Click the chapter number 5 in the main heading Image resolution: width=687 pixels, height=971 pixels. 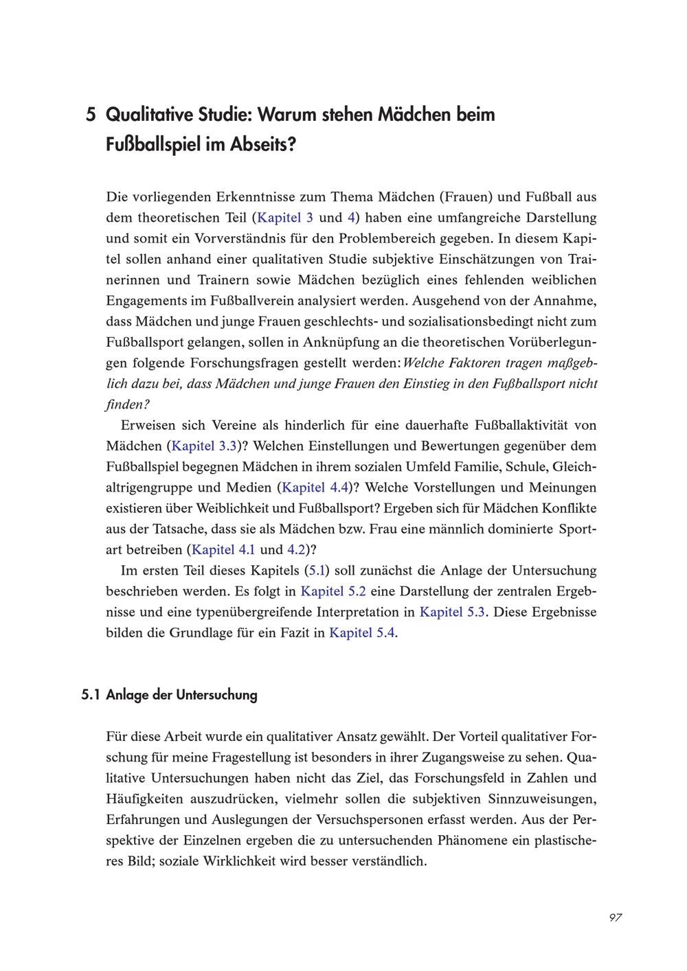coord(90,115)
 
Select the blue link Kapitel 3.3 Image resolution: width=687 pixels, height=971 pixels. coord(204,446)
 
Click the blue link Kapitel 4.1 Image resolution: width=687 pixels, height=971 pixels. coord(223,549)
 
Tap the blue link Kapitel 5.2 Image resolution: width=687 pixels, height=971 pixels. coord(333,591)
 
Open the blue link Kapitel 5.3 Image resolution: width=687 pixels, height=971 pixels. coord(452,612)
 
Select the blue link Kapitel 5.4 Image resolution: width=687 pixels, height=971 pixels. coord(362,633)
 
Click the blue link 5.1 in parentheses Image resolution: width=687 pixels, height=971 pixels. coord(317,571)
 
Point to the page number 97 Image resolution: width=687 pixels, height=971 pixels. coord(615,918)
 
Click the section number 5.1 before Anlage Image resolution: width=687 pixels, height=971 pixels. coord(91,695)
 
